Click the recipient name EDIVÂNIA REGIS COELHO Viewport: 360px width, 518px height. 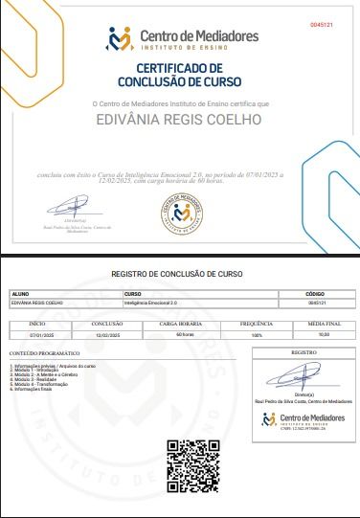pyautogui.click(x=180, y=122)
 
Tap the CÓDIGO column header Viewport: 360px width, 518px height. pyautogui.click(x=315, y=293)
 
